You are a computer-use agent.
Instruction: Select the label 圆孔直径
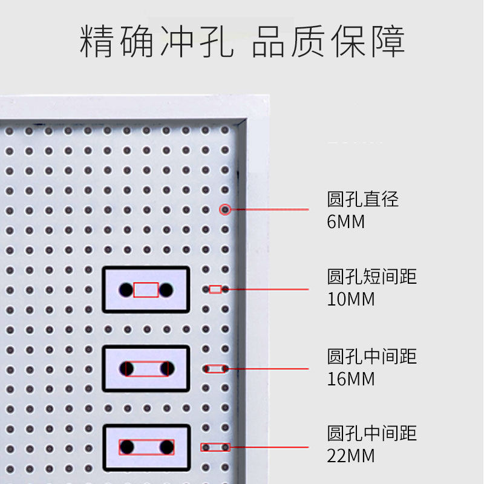[x=363, y=199]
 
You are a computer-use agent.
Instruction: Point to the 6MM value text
[x=346, y=222]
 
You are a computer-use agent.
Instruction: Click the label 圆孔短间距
[x=372, y=277]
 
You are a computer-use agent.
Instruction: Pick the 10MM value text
[x=351, y=299]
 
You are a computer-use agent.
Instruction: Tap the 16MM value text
[x=351, y=379]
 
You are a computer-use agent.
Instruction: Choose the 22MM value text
[x=351, y=456]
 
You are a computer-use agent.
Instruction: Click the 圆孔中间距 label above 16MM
[x=372, y=356]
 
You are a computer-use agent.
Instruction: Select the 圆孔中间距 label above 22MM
[x=372, y=434]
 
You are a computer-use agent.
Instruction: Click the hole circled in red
[x=225, y=210]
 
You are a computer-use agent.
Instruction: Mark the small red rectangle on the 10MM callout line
[x=215, y=290]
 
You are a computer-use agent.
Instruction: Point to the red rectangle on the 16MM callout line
[x=216, y=368]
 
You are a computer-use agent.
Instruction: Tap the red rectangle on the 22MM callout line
[x=215, y=448]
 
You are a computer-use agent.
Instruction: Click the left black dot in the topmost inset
[x=126, y=290]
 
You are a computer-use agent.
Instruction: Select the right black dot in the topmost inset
[x=166, y=290]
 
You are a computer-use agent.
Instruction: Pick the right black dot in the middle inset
[x=166, y=368]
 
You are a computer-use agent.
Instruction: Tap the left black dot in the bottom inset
[x=127, y=447]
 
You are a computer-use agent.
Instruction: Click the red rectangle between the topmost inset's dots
[x=146, y=290]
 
